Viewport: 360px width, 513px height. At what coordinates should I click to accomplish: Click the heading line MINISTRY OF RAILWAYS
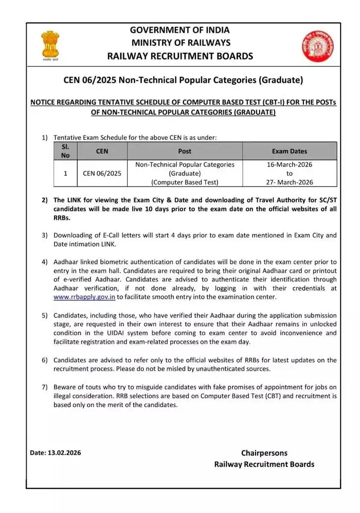pyautogui.click(x=180, y=43)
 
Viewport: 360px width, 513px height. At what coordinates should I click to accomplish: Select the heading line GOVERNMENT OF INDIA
pyautogui.click(x=180, y=30)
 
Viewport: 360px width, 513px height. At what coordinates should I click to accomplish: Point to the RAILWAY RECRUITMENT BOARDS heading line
pyautogui.click(x=180, y=56)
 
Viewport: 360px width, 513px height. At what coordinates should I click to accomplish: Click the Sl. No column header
pyautogui.click(x=65, y=151)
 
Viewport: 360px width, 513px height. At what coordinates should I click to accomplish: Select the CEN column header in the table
pyautogui.click(x=102, y=151)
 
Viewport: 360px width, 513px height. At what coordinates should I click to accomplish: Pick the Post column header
pyautogui.click(x=184, y=151)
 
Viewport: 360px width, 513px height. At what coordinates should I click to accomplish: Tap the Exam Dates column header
pyautogui.click(x=289, y=151)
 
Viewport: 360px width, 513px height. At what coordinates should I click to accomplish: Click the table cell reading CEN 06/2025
pyautogui.click(x=102, y=173)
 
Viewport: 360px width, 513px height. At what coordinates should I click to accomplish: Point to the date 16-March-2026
pyautogui.click(x=290, y=164)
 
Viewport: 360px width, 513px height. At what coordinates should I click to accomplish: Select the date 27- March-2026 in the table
pyautogui.click(x=290, y=182)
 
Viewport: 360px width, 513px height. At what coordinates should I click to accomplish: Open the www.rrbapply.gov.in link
pyautogui.click(x=84, y=297)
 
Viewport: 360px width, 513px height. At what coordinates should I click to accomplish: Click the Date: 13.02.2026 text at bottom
pyautogui.click(x=56, y=453)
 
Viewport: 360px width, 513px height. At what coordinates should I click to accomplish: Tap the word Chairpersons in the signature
pyautogui.click(x=264, y=453)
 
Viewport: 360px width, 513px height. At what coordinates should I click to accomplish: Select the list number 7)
pyautogui.click(x=45, y=387)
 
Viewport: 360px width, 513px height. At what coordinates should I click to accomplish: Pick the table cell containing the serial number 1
pyautogui.click(x=65, y=173)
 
